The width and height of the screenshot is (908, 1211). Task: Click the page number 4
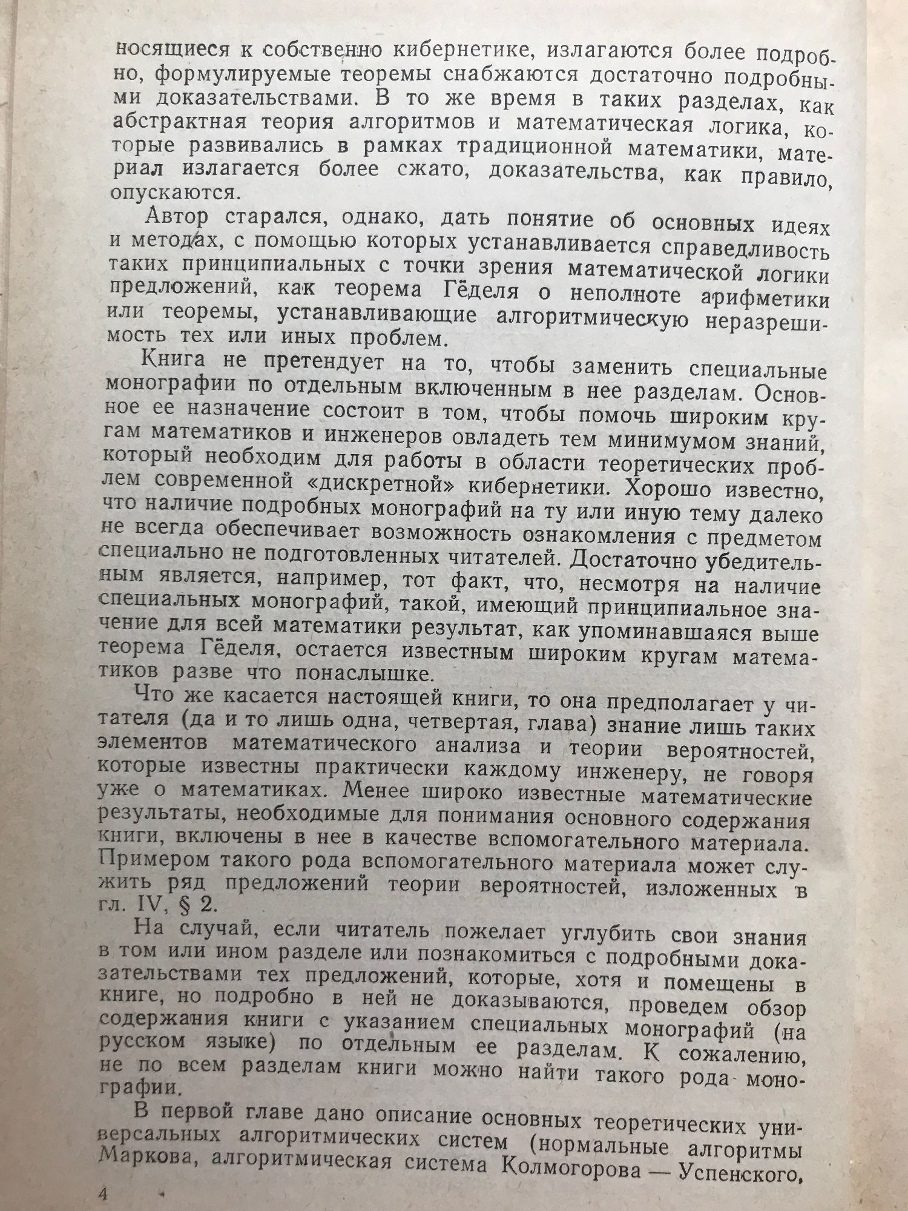tap(102, 1194)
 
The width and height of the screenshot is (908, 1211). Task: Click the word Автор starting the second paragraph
tap(177, 216)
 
